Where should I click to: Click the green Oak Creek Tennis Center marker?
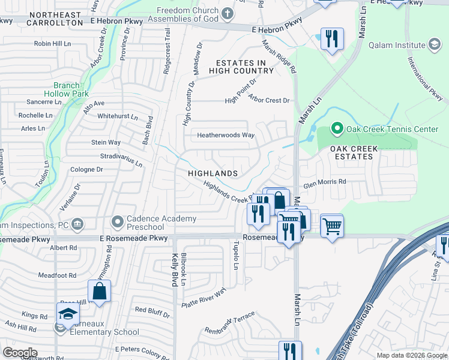tap(337, 129)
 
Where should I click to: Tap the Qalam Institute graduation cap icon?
tap(434, 44)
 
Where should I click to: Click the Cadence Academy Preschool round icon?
tap(118, 222)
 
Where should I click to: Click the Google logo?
tap(20, 353)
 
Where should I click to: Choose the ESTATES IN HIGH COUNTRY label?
tap(241, 67)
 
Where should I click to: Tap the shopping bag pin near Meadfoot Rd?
tap(100, 292)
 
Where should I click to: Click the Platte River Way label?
tap(203, 299)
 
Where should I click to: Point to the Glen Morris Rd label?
tap(324, 182)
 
